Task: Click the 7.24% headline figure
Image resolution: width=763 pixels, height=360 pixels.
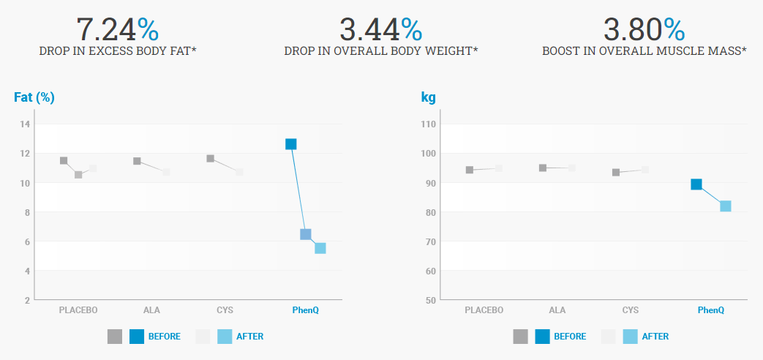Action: [117, 29]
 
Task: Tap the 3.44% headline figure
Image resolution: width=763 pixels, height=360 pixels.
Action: [380, 29]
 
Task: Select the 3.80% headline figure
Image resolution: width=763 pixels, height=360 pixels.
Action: [644, 29]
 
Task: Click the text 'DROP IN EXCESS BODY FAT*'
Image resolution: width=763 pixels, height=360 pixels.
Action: [117, 51]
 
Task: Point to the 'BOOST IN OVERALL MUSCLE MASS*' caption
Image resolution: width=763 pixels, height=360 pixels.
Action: [644, 51]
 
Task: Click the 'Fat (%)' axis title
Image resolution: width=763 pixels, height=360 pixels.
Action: [34, 97]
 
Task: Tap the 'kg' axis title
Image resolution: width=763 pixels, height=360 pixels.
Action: [428, 97]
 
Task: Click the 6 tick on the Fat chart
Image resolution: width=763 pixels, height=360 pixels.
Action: [26, 241]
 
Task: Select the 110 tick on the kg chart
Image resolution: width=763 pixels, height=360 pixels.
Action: [428, 124]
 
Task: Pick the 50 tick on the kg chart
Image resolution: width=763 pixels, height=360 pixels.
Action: [430, 300]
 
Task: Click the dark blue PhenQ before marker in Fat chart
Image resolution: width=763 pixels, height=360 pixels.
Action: [291, 144]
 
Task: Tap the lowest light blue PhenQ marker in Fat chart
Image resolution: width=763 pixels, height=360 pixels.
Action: [320, 248]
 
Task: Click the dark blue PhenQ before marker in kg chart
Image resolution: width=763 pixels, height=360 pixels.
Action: [696, 184]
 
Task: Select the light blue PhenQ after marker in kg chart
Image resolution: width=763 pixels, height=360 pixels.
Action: [726, 206]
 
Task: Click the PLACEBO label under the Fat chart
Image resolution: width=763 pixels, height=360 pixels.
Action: [78, 310]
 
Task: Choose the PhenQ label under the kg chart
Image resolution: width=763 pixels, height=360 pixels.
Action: [710, 310]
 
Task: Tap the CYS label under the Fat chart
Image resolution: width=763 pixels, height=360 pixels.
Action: [225, 310]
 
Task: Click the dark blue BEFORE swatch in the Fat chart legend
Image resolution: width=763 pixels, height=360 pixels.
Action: [137, 337]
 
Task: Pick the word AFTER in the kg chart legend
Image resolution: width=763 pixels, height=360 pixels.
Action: [655, 337]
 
